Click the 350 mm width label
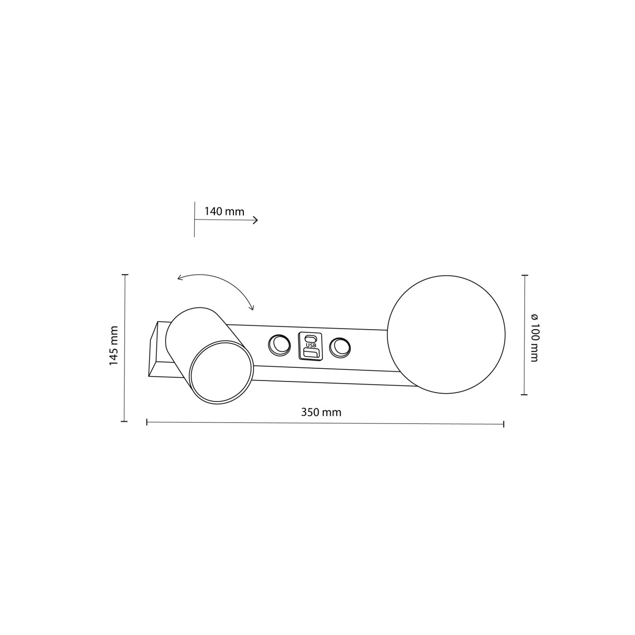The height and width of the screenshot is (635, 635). pos(321,413)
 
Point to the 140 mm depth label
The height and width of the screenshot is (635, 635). pos(224,212)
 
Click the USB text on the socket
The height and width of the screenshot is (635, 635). pos(311,346)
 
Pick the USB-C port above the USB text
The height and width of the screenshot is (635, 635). pos(311,338)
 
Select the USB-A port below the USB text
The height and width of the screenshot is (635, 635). pos(311,353)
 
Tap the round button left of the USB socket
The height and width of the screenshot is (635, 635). pos(279,346)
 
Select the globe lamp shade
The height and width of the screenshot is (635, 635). pos(446,334)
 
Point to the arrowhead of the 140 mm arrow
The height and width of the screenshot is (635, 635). pos(257,220)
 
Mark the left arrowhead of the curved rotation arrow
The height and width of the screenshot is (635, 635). pos(179,278)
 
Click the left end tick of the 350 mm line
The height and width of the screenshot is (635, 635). pos(147,422)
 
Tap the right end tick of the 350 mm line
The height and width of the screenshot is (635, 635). pos(503,424)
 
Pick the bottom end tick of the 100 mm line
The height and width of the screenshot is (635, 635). pos(524,395)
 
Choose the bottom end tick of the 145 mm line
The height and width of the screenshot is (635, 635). pos(125,421)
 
